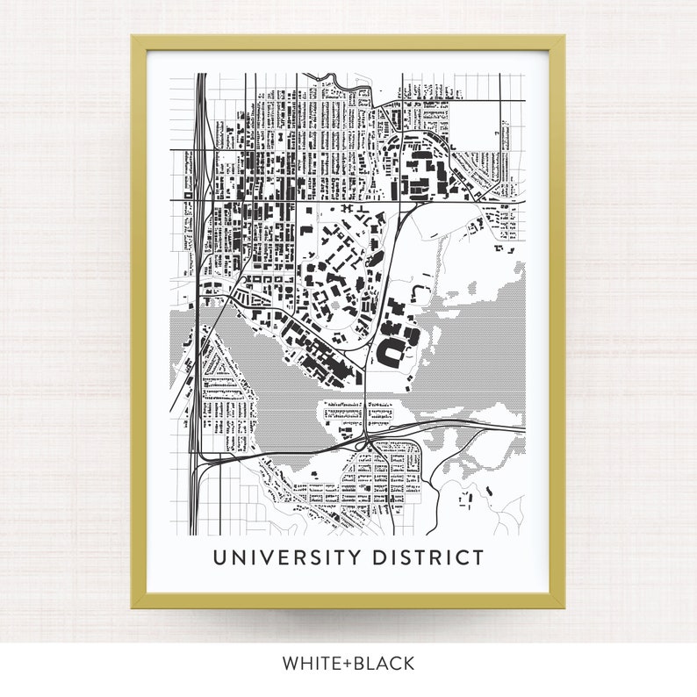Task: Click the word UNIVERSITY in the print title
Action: (x=286, y=557)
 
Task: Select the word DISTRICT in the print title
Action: (x=427, y=557)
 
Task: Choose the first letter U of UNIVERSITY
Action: (x=219, y=557)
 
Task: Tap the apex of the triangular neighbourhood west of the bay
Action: (x=207, y=330)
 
